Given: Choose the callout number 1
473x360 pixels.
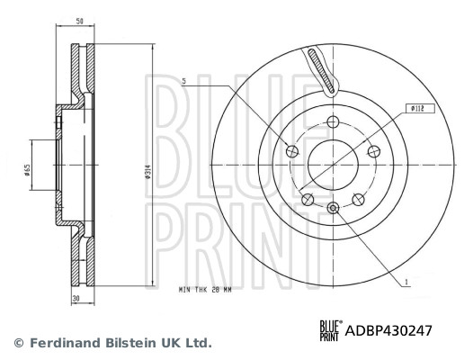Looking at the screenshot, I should [x=406, y=282].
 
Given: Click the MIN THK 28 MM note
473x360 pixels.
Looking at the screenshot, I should [x=207, y=291].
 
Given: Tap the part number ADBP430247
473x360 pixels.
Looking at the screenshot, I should [x=388, y=330].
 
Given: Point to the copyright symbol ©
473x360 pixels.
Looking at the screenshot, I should [x=17, y=343].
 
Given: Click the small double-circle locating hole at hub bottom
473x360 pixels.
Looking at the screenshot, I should [x=333, y=209].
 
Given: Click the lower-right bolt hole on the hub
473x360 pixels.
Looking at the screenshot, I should [x=359, y=200].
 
